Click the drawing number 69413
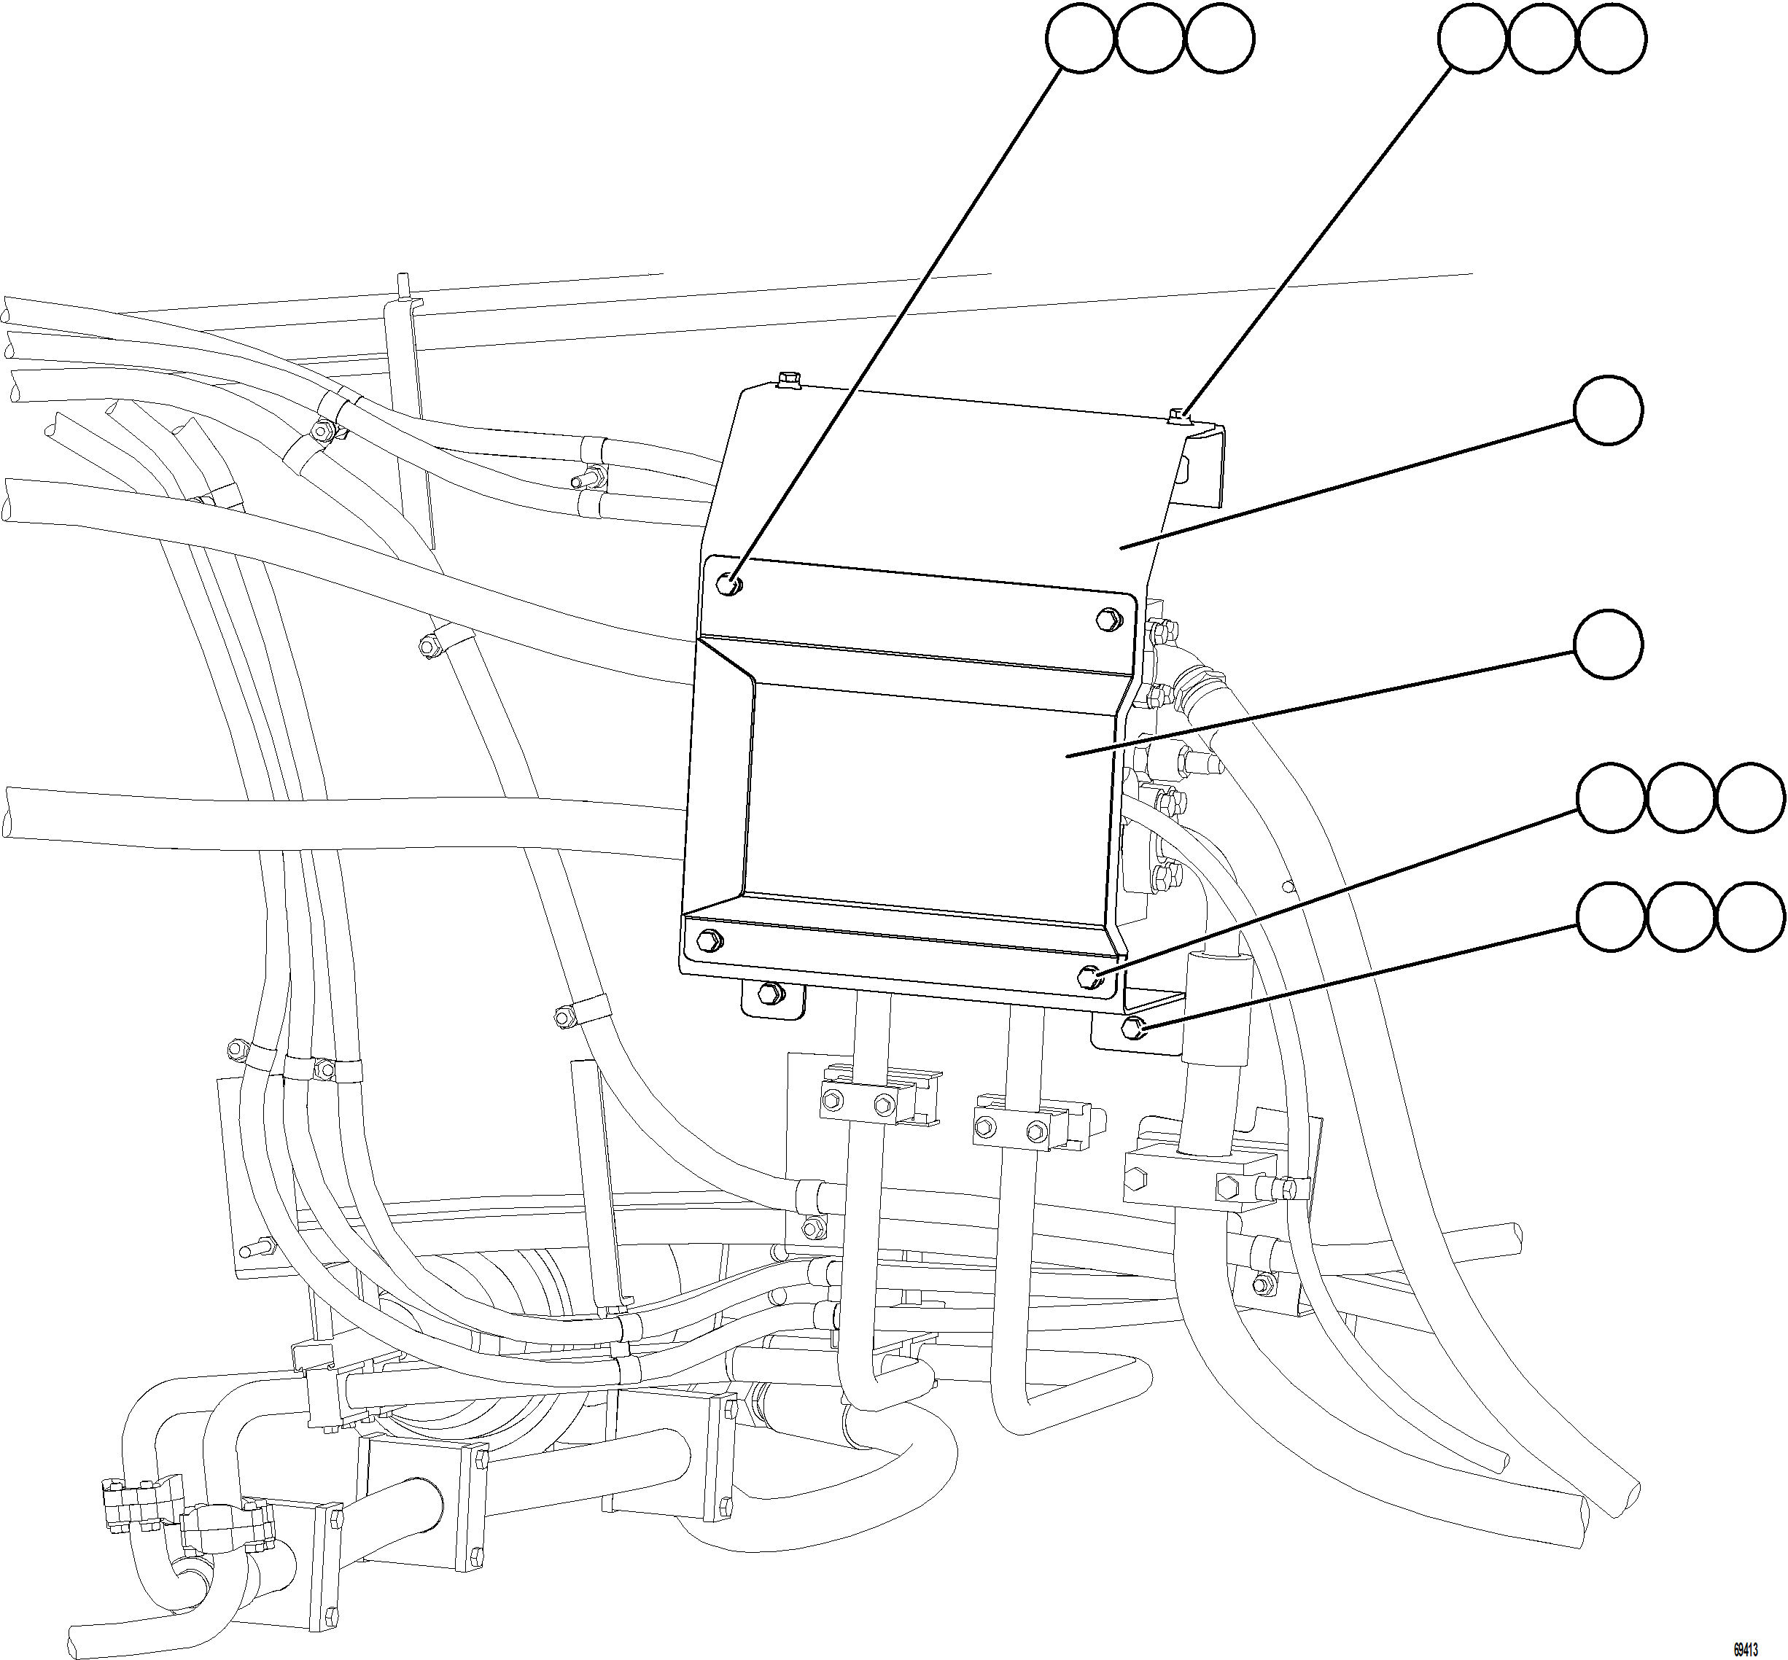click(x=1745, y=1649)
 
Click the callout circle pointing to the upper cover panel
click(x=1609, y=410)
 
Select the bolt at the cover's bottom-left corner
click(x=708, y=940)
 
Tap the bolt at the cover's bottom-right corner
click(x=1090, y=975)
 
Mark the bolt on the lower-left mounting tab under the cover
click(x=769, y=994)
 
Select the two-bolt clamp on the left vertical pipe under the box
click(x=859, y=1102)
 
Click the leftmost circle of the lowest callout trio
click(x=1612, y=917)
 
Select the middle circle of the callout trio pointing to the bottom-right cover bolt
click(x=1680, y=797)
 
